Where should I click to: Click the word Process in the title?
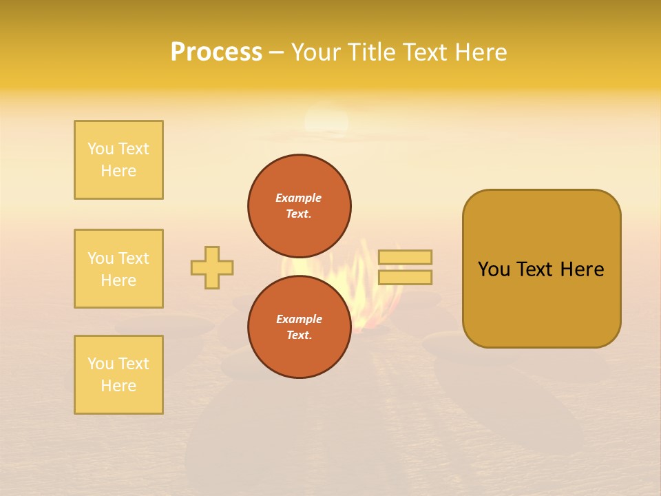(x=216, y=52)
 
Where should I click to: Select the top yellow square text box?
(x=118, y=160)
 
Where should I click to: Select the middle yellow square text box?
(x=118, y=269)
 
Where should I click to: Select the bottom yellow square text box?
(x=118, y=375)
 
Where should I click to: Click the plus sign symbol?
(x=212, y=267)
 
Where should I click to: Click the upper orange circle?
(x=300, y=205)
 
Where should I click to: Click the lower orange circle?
(x=300, y=327)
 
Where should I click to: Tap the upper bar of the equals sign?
(x=405, y=257)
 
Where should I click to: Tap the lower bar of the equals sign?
(x=405, y=277)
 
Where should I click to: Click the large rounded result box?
(x=541, y=269)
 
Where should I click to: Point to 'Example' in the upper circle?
(x=299, y=198)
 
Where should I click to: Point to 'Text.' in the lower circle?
(x=299, y=335)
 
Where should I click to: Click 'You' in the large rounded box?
(x=494, y=269)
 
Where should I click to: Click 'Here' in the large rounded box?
(x=582, y=269)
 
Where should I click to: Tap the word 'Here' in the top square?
(x=118, y=171)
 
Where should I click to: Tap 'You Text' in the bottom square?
(x=118, y=364)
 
